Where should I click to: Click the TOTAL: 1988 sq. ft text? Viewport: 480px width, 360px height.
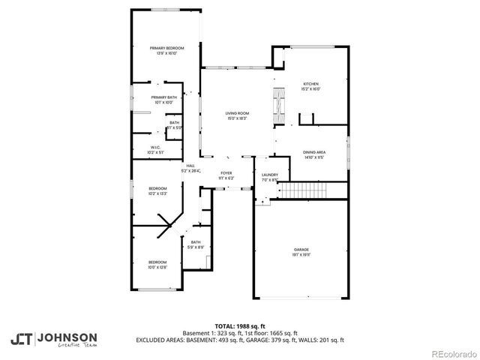239,326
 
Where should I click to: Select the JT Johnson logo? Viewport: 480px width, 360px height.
53,338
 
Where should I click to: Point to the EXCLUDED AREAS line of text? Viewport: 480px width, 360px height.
239,340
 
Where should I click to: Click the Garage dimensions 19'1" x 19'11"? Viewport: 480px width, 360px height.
301,255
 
